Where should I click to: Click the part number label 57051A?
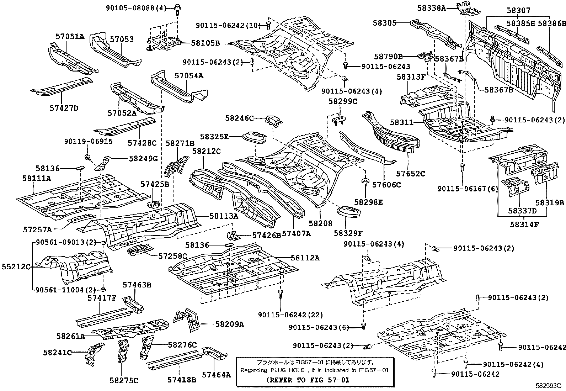click(70, 36)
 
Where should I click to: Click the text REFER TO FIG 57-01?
click(308, 380)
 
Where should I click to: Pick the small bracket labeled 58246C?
click(274, 122)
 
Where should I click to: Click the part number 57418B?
click(182, 380)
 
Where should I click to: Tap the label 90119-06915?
click(88, 141)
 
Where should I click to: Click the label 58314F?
click(524, 224)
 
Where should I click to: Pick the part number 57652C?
click(411, 174)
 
